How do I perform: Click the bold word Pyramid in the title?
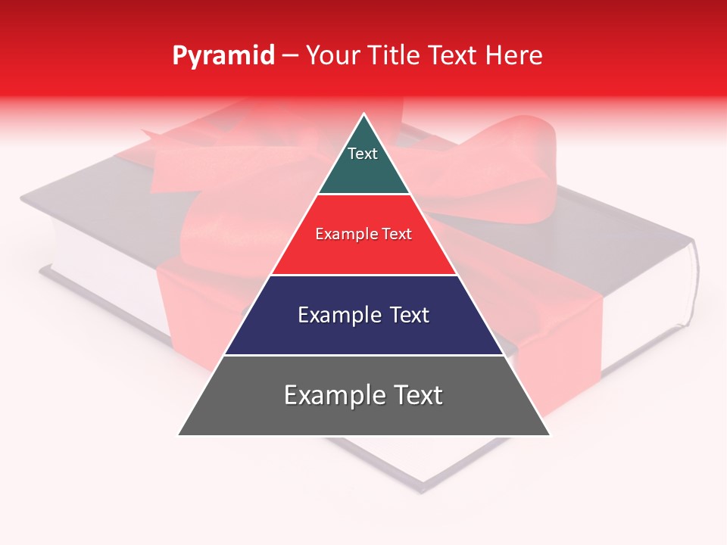tap(223, 56)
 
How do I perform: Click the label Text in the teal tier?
tap(363, 154)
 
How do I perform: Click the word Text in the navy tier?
tap(404, 315)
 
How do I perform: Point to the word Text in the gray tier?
tap(413, 395)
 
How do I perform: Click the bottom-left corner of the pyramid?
tap(179, 434)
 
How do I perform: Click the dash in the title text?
tap(290, 56)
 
